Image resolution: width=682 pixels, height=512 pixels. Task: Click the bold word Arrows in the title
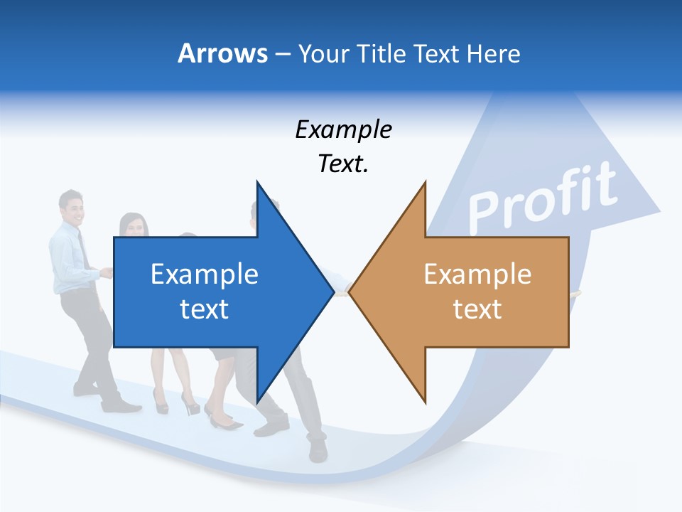pyautogui.click(x=222, y=54)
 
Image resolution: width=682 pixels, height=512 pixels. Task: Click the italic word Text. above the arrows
pyautogui.click(x=343, y=164)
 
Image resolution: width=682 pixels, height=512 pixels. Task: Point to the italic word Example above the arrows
pyautogui.click(x=343, y=130)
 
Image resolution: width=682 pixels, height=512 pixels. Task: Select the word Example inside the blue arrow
pyautogui.click(x=205, y=274)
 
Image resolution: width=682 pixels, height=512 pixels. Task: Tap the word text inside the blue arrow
pyautogui.click(x=205, y=309)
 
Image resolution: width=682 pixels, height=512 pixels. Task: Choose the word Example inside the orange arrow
pyautogui.click(x=477, y=274)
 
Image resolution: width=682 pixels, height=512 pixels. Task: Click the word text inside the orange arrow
pyautogui.click(x=477, y=309)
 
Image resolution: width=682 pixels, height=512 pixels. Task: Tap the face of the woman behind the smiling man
pyautogui.click(x=133, y=225)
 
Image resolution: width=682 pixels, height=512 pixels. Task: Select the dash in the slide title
pyautogui.click(x=282, y=54)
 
